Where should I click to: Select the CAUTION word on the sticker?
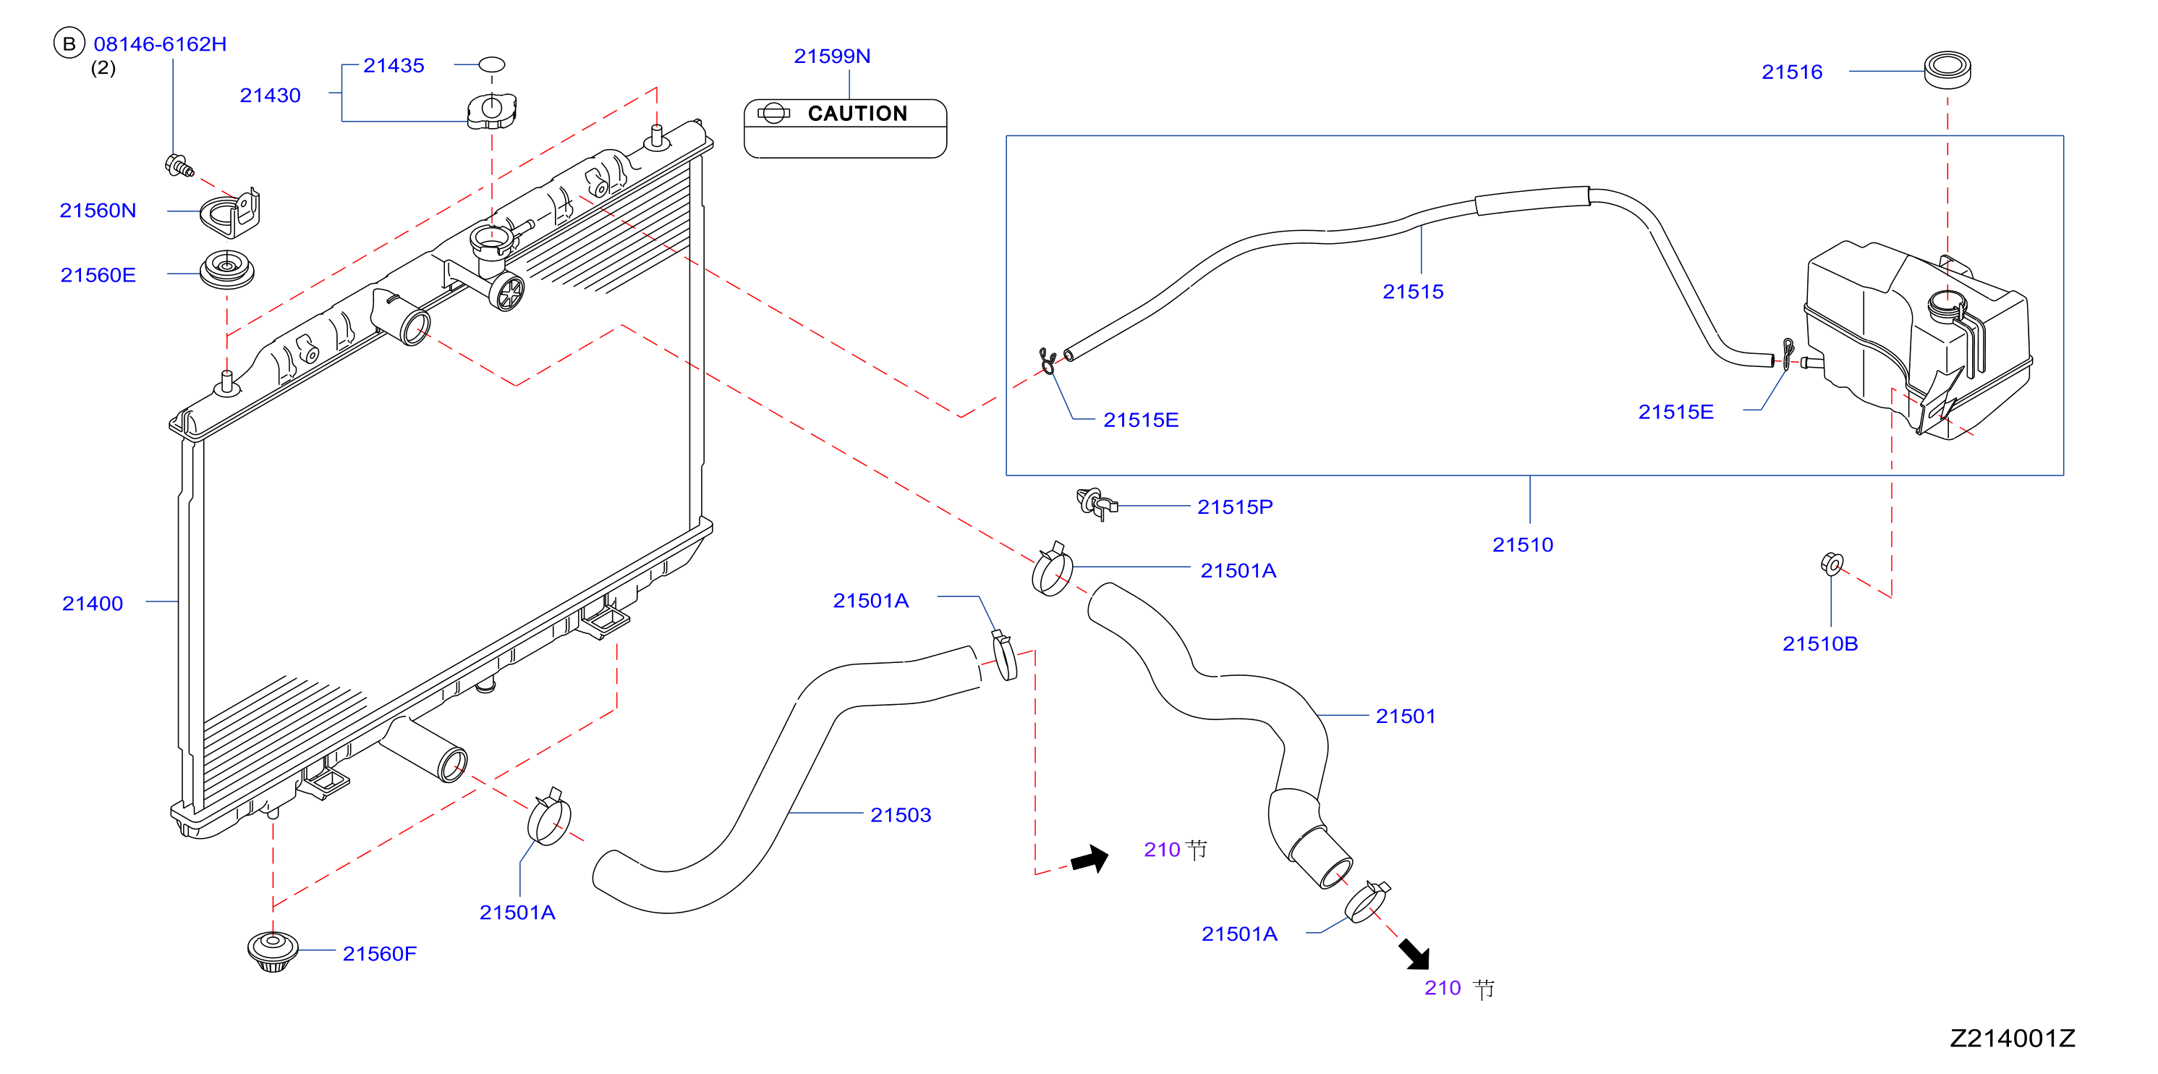click(857, 113)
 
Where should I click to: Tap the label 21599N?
click(832, 56)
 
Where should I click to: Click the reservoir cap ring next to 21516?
click(1947, 69)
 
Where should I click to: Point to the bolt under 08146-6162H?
click(179, 165)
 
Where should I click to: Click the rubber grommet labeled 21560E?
click(226, 269)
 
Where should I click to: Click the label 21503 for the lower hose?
click(901, 815)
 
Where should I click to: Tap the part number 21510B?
click(1819, 643)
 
